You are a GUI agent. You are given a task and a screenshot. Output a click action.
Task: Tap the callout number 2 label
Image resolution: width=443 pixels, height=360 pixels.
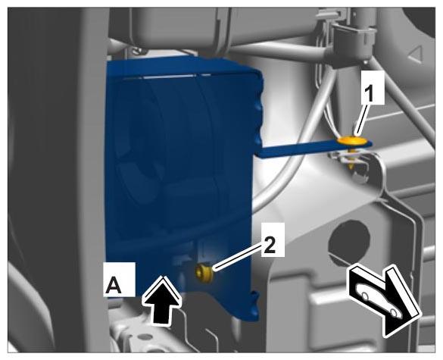coord(273,239)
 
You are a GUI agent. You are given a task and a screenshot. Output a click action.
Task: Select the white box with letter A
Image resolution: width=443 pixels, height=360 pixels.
coord(119,280)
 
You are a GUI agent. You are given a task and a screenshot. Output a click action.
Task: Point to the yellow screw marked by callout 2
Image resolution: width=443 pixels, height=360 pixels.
coord(204,273)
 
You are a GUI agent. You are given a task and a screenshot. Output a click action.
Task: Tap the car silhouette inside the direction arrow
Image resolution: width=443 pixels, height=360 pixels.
coord(378,300)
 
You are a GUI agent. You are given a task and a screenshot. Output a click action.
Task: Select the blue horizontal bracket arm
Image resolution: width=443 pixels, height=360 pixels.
coord(314,149)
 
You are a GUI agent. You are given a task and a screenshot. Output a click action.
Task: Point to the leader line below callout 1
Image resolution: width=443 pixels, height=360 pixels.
coord(361,120)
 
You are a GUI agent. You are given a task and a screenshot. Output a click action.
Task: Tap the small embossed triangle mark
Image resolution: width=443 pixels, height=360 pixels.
coord(415,55)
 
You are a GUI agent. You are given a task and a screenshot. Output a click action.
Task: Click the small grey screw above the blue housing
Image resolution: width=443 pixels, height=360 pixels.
coord(138,50)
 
